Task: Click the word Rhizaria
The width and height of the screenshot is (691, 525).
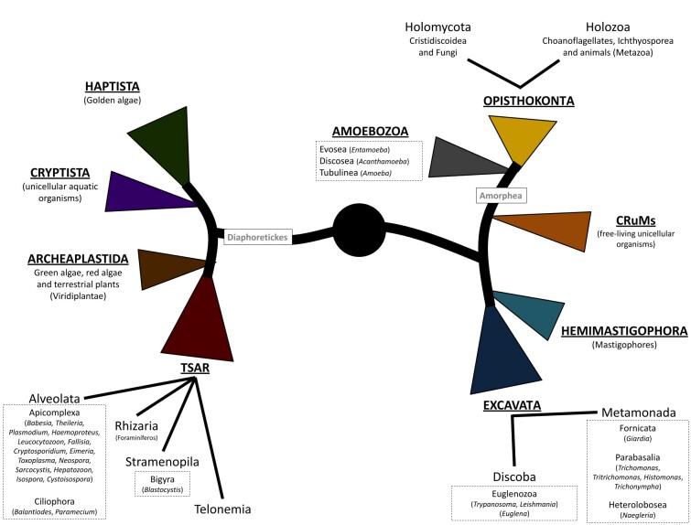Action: [138, 426]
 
